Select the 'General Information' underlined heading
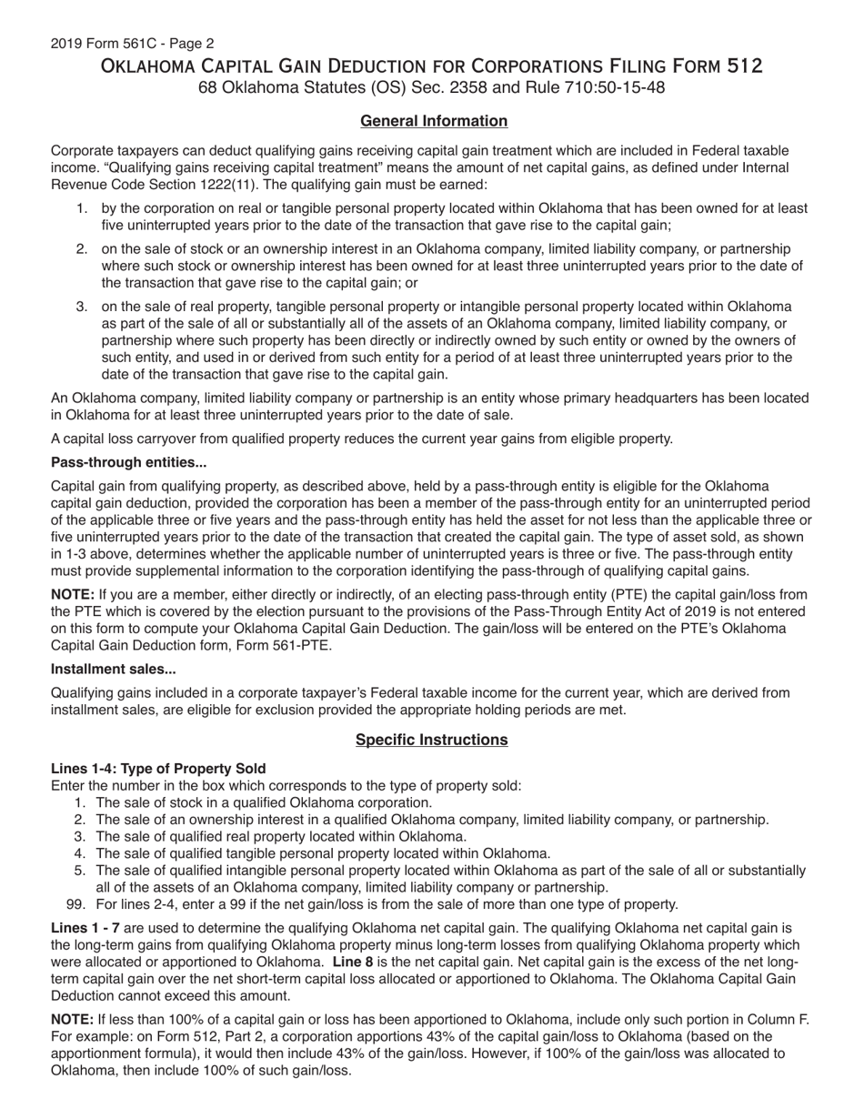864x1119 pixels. [434, 121]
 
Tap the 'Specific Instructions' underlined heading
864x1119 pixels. [431, 740]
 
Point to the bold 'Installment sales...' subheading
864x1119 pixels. [114, 670]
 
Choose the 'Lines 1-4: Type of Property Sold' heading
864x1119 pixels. [158, 769]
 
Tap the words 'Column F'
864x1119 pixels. [779, 1020]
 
